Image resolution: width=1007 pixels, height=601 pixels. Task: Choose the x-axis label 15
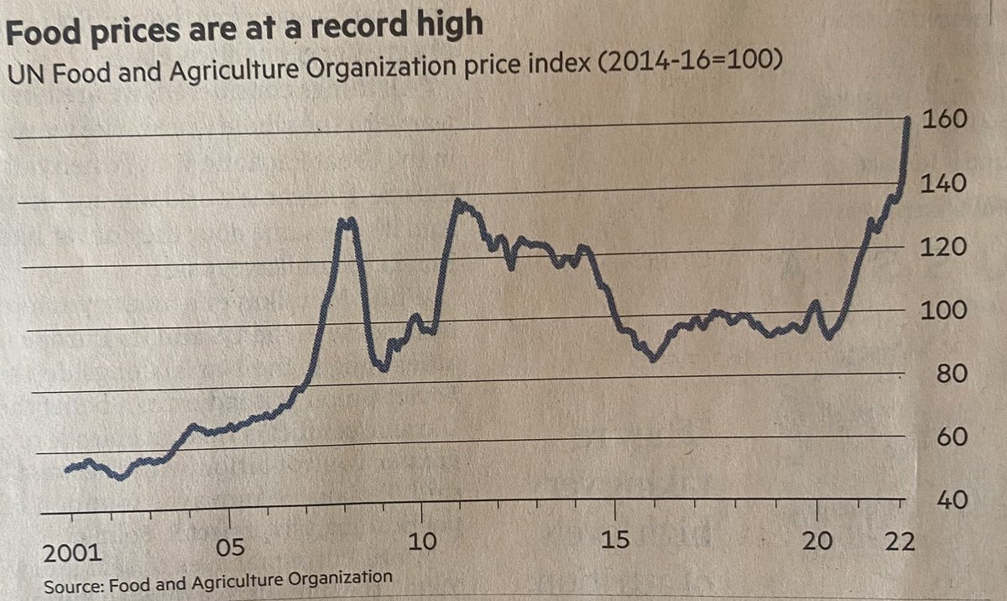click(x=617, y=539)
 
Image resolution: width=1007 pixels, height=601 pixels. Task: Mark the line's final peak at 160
click(x=907, y=120)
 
